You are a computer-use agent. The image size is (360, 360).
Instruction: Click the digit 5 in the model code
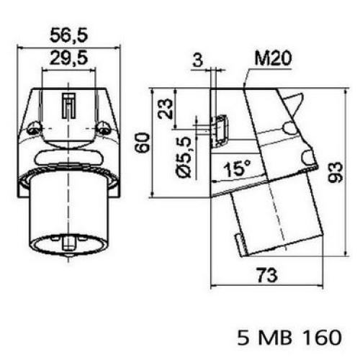pyautogui.click(x=243, y=336)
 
